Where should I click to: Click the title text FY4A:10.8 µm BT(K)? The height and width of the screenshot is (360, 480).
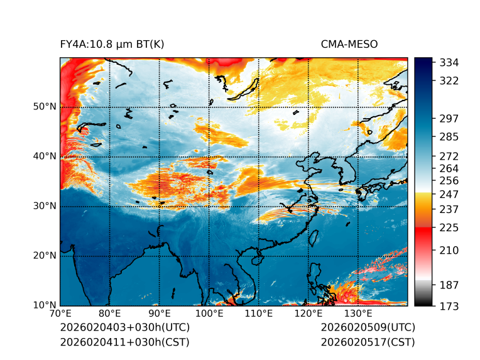pyautogui.click(x=112, y=45)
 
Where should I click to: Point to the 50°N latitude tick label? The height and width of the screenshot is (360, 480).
pyautogui.click(x=45, y=107)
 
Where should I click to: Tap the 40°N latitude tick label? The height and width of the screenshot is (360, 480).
pyautogui.click(x=45, y=156)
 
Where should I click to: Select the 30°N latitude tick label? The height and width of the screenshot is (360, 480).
pyautogui.click(x=45, y=206)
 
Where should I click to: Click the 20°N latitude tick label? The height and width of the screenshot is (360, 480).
pyautogui.click(x=45, y=256)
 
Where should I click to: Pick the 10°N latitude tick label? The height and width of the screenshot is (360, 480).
pyautogui.click(x=45, y=305)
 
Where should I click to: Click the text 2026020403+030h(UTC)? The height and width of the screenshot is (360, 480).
pyautogui.click(x=124, y=328)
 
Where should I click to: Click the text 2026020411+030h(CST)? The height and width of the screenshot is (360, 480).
pyautogui.click(x=124, y=342)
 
